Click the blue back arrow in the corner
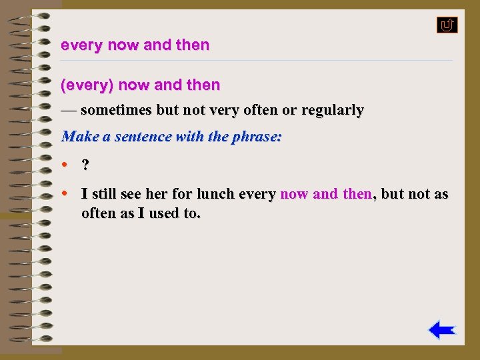441,330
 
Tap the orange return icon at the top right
447,25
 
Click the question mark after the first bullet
85,165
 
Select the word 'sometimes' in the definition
116,110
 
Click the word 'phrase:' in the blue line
257,137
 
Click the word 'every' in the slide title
77,45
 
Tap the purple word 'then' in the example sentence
357,194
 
